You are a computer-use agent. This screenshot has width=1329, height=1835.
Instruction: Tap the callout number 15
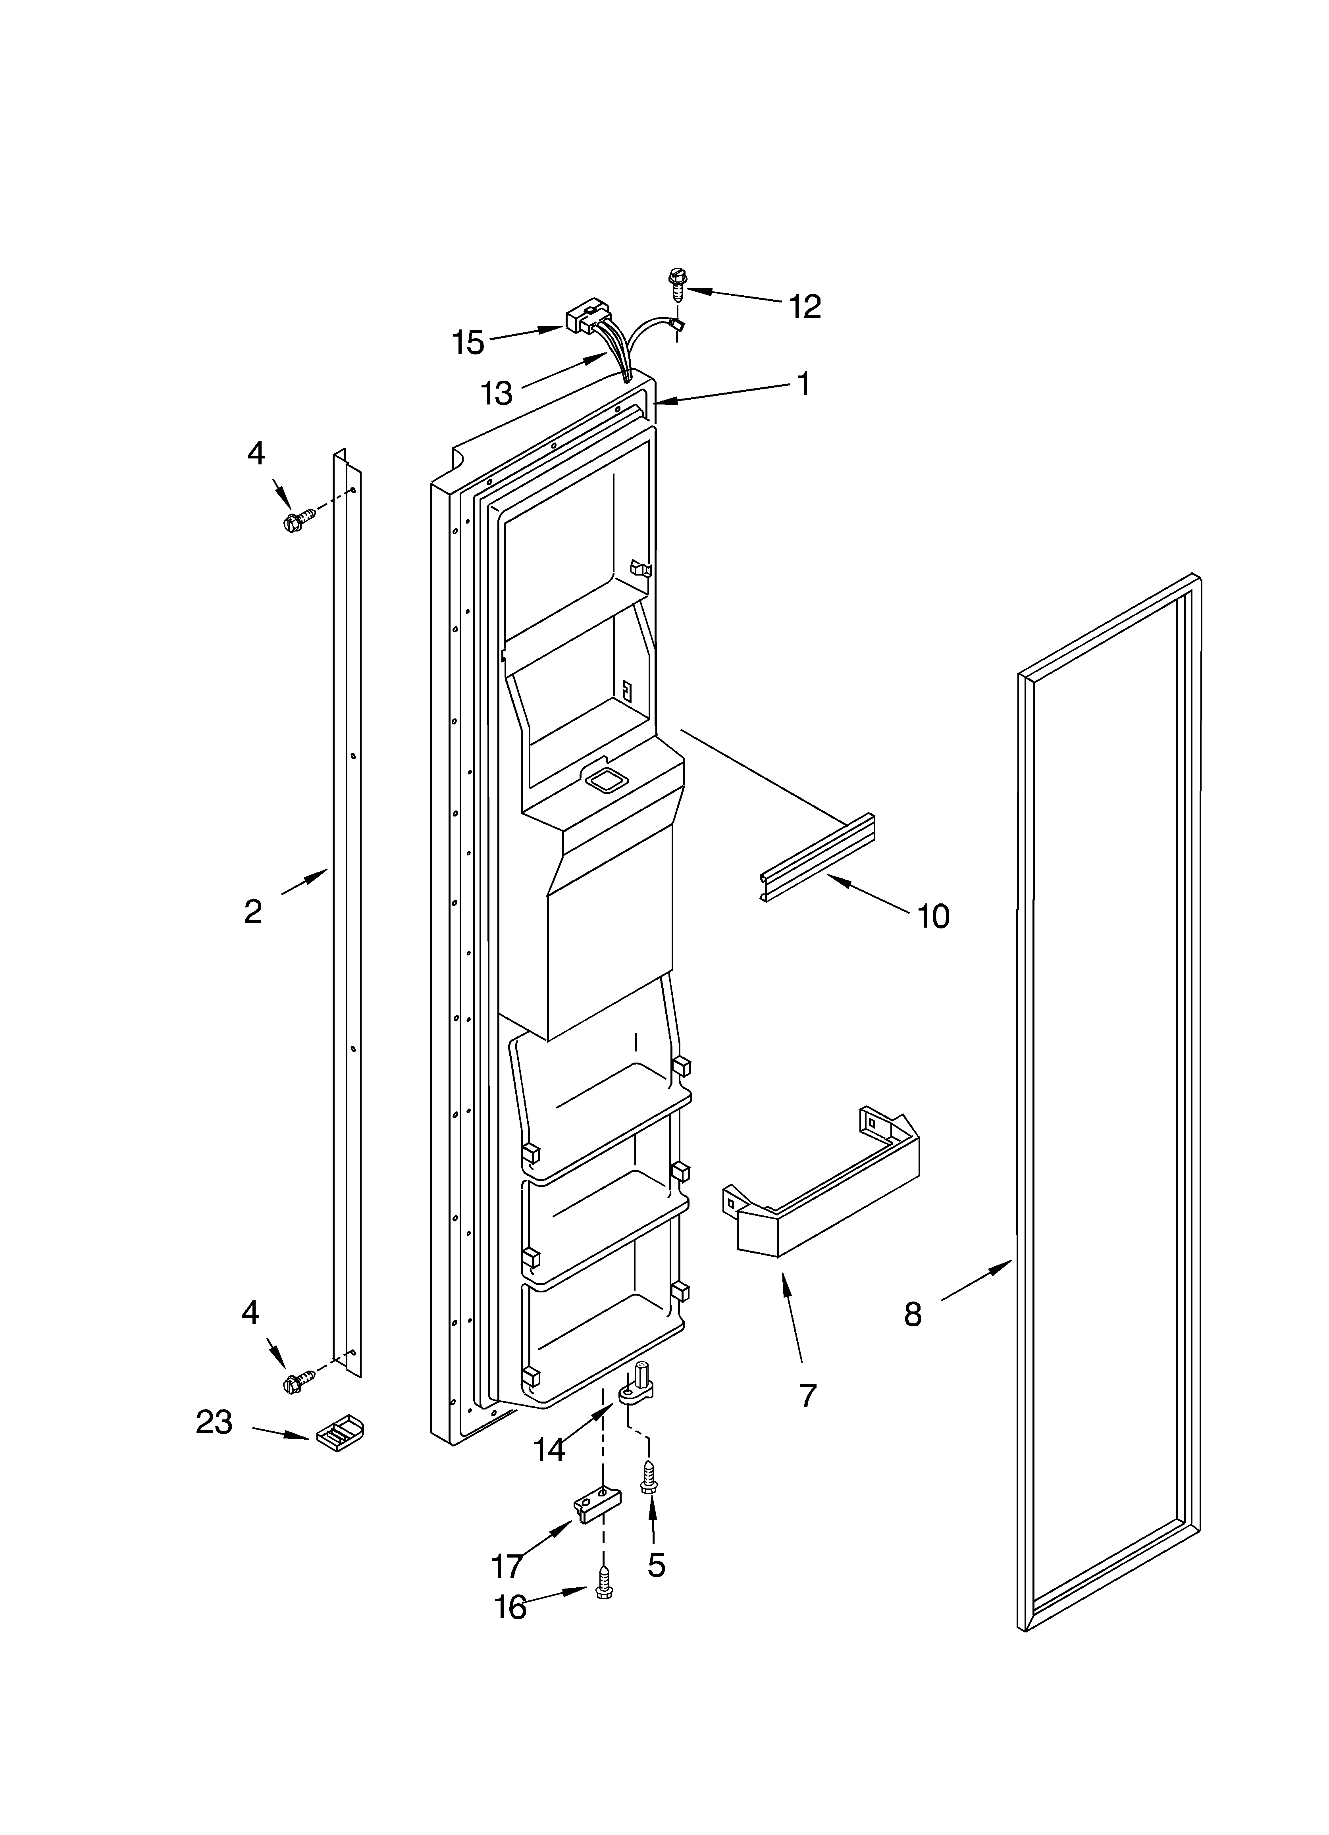click(x=468, y=343)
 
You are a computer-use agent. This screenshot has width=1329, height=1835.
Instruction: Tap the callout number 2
click(x=253, y=912)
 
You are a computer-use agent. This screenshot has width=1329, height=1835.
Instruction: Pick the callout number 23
click(x=214, y=1421)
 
